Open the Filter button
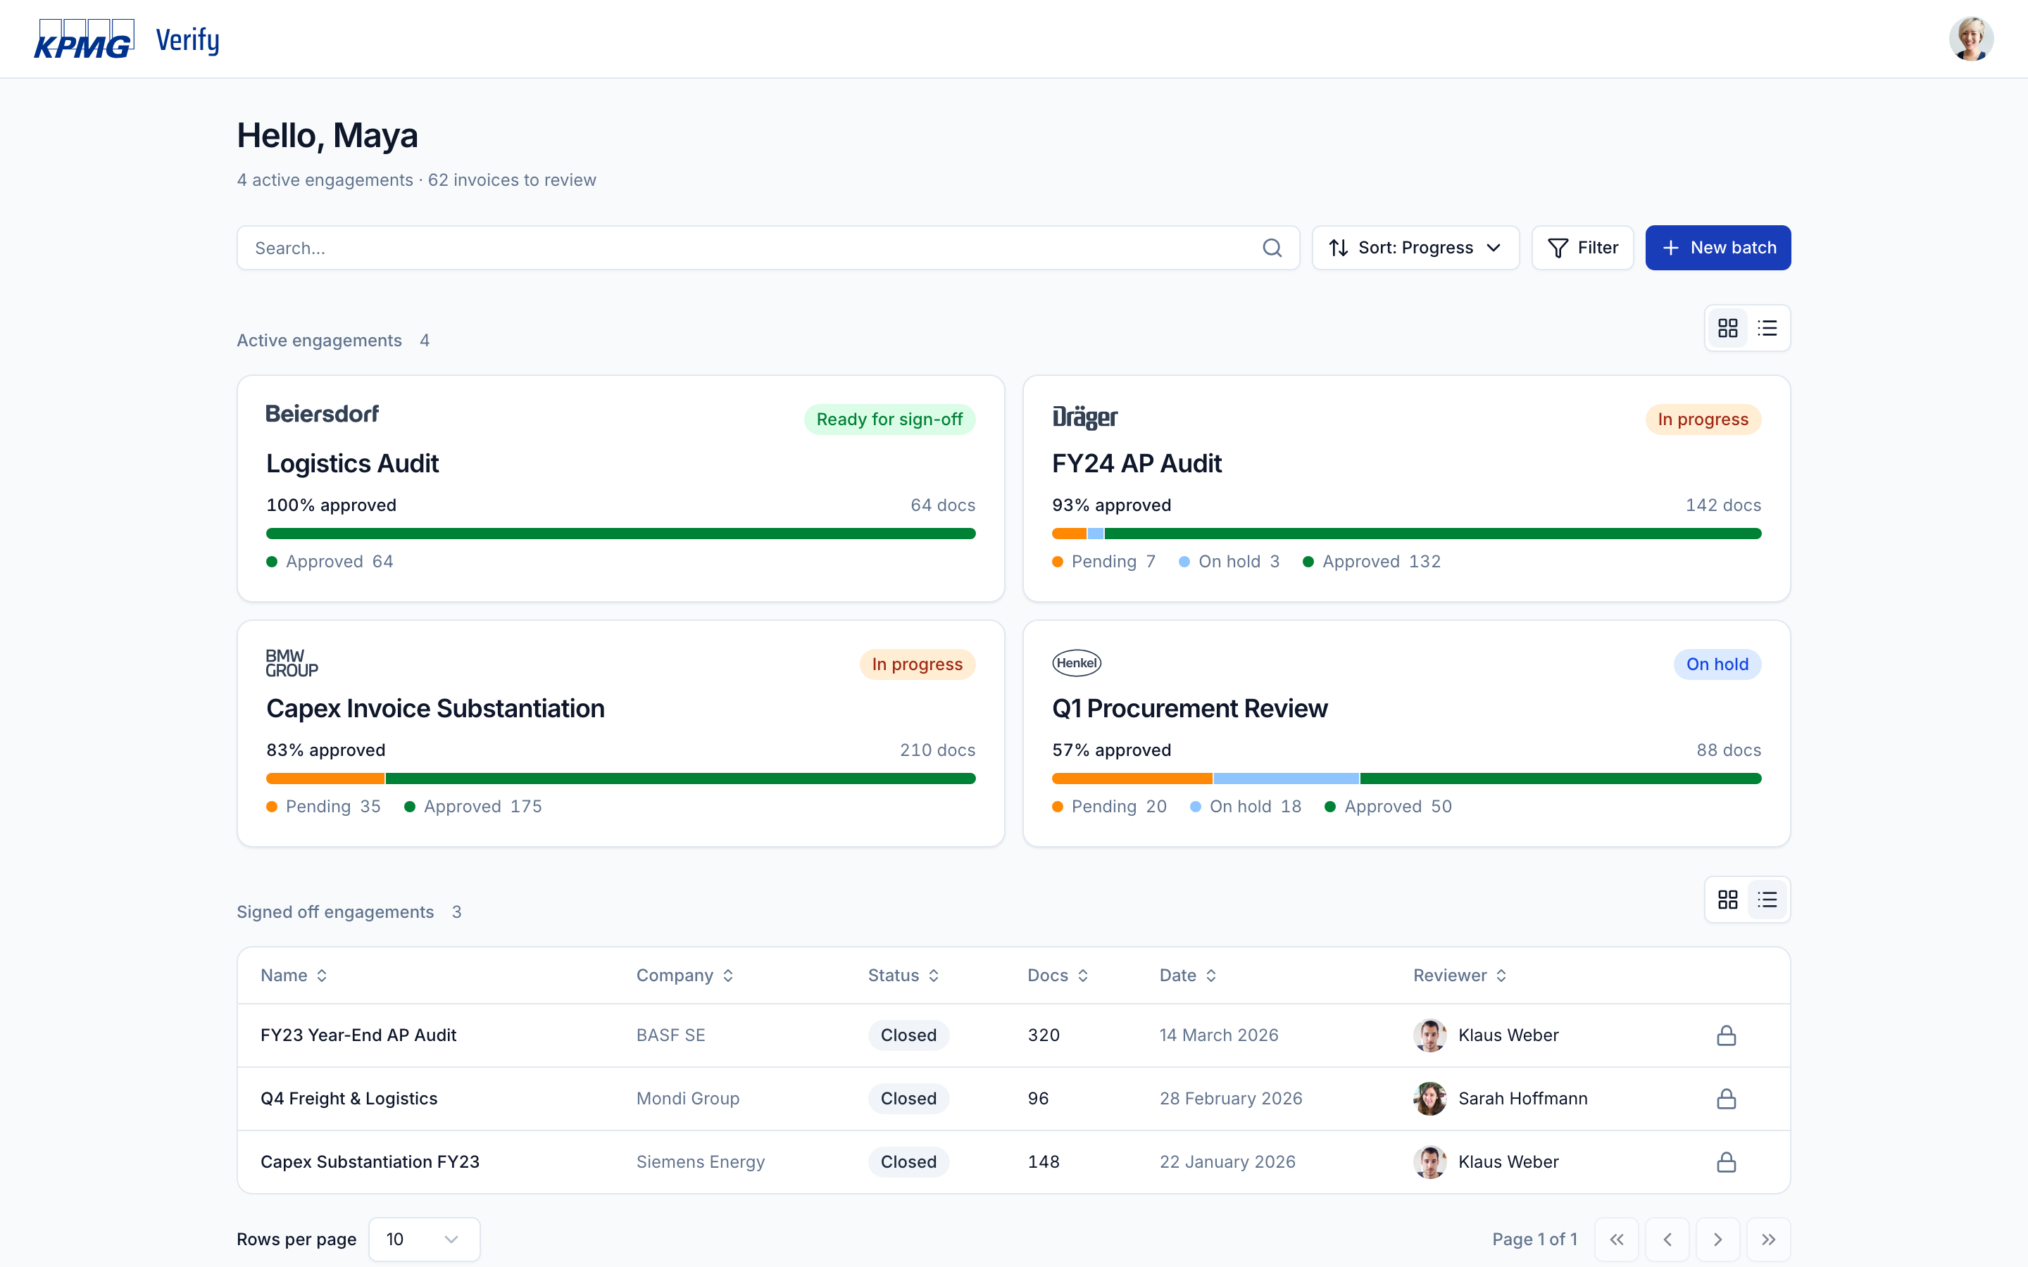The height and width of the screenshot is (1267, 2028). pyautogui.click(x=1582, y=248)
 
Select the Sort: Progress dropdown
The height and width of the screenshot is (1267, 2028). pyautogui.click(x=1415, y=248)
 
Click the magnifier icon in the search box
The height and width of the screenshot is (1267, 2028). pyautogui.click(x=1271, y=248)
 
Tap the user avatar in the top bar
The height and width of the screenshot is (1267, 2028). pyautogui.click(x=1970, y=39)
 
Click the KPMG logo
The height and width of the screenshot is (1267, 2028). pyautogui.click(x=84, y=39)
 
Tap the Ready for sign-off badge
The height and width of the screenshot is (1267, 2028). pyautogui.click(x=889, y=419)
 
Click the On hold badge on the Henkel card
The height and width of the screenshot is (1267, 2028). pyautogui.click(x=1717, y=664)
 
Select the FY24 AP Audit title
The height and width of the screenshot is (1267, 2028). pyautogui.click(x=1137, y=463)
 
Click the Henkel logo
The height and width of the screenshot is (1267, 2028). pyautogui.click(x=1076, y=663)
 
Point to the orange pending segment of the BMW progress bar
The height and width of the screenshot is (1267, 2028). pyautogui.click(x=325, y=779)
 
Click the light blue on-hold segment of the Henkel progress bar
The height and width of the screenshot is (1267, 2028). pyautogui.click(x=1286, y=779)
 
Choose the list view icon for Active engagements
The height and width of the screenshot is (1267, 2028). pyautogui.click(x=1767, y=327)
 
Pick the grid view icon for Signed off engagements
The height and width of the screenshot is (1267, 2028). pyautogui.click(x=1727, y=900)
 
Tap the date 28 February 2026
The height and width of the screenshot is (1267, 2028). pyautogui.click(x=1230, y=1099)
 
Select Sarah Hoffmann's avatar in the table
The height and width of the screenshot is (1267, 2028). pyautogui.click(x=1429, y=1099)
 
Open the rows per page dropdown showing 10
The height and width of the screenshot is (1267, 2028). pyautogui.click(x=424, y=1240)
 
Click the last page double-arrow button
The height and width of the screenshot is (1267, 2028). pyautogui.click(x=1768, y=1240)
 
